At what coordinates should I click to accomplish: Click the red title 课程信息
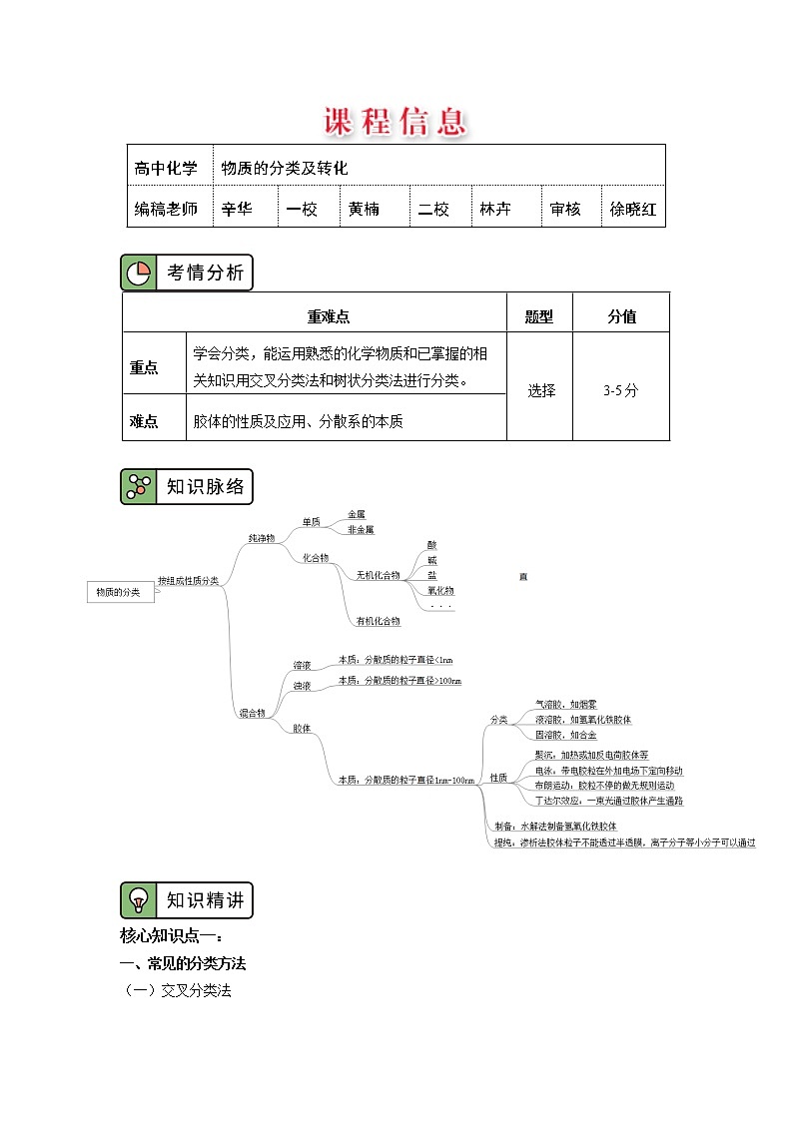pos(396,122)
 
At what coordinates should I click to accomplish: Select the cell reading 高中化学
pos(166,168)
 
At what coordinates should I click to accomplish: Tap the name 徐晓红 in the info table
pos(633,210)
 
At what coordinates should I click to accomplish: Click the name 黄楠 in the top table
pos(364,210)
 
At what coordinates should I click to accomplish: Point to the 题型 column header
pos(539,316)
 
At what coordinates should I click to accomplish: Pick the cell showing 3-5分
pos(620,390)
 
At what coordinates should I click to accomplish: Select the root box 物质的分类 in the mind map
pos(118,593)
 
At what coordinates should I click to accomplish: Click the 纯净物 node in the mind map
pos(262,538)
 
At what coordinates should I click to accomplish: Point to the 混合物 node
pos(252,713)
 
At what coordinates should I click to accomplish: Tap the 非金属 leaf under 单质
pos(361,530)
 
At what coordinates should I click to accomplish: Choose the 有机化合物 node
pos(378,621)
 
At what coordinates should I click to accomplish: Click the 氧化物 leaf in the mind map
pos(439,590)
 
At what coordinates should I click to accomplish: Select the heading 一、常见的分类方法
pos(182,963)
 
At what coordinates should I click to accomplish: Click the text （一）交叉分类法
pos(176,991)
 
